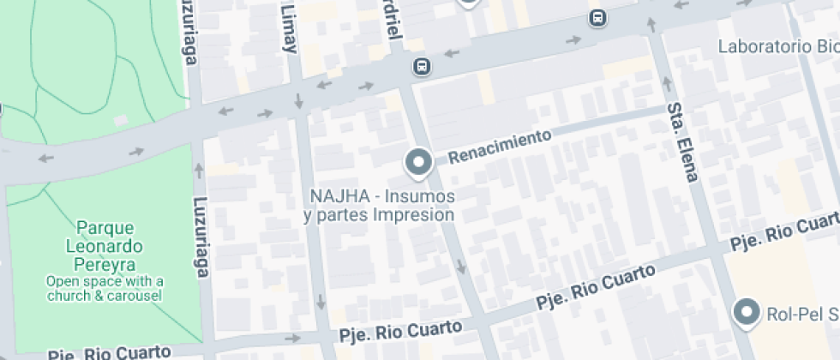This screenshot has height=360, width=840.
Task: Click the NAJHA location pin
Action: pyautogui.click(x=418, y=162)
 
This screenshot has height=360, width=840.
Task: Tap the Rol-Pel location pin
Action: pyautogui.click(x=748, y=312)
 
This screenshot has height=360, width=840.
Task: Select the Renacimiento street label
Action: pyautogui.click(x=500, y=147)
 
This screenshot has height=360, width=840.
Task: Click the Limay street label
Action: pyautogui.click(x=288, y=27)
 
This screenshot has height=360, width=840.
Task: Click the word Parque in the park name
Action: pyautogui.click(x=105, y=228)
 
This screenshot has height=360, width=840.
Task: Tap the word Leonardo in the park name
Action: pyautogui.click(x=105, y=247)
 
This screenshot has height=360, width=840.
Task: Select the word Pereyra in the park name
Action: pyautogui.click(x=105, y=265)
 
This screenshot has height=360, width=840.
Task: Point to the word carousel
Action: pyautogui.click(x=133, y=295)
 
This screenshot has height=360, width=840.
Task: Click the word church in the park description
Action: pyautogui.click(x=75, y=295)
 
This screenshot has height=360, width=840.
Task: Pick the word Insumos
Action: pyautogui.click(x=421, y=196)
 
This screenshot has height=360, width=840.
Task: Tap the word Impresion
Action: pyautogui.click(x=414, y=215)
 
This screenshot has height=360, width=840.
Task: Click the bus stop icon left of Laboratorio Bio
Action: pyautogui.click(x=597, y=17)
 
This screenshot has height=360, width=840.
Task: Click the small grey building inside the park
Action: pyautogui.click(x=121, y=120)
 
